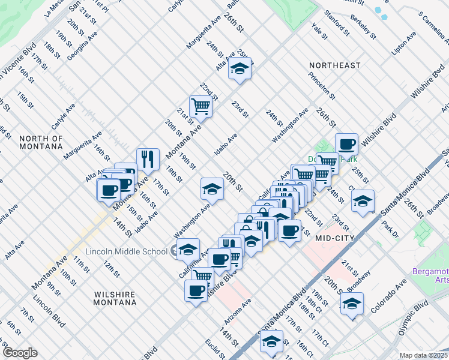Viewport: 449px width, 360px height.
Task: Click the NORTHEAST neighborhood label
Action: [x=335, y=65]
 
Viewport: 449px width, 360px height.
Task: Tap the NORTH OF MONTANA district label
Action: [x=41, y=142]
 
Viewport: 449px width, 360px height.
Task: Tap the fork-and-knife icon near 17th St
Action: [x=148, y=159]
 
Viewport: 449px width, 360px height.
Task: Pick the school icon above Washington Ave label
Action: [x=212, y=189]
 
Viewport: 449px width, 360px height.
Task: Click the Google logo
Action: [x=20, y=353]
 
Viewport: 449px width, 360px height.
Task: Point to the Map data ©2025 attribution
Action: [x=423, y=355]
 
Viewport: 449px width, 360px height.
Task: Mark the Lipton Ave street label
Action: [x=403, y=44]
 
